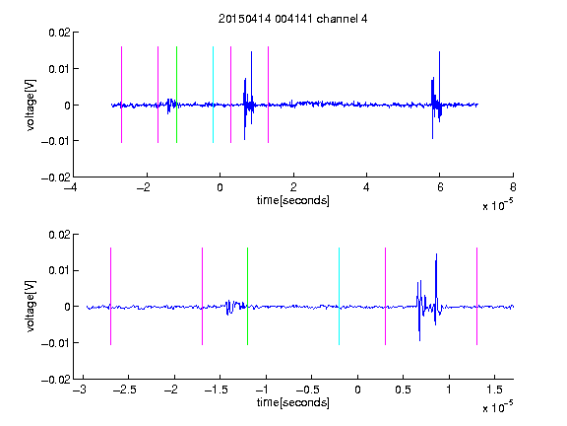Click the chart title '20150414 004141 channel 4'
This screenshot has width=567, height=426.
coord(292,19)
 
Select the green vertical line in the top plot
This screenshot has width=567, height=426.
coord(176,95)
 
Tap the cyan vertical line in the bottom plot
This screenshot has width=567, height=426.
coord(339,296)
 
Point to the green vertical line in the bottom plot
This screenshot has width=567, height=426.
coord(247,296)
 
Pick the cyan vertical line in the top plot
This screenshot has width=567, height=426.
coord(213,95)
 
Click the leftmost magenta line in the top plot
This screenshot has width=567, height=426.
coord(121,95)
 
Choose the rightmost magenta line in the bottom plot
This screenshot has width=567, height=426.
coord(476,296)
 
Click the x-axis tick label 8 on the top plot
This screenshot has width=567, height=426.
coord(513,187)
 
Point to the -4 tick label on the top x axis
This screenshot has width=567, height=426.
coord(71,187)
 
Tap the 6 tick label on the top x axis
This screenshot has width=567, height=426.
coord(440,187)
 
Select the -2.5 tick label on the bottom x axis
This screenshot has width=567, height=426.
coord(124,390)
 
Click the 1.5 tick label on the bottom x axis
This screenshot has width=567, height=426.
coord(494,390)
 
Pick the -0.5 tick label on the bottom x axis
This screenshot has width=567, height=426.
coord(308,390)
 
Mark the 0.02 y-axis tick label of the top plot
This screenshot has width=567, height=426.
coord(59,33)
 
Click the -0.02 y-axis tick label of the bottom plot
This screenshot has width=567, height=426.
coord(56,380)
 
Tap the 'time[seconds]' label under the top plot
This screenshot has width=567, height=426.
coord(293,200)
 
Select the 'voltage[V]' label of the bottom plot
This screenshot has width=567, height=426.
coord(31,307)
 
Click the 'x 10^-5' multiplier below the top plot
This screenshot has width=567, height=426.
coord(497,205)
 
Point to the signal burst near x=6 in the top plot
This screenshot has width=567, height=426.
coord(436,95)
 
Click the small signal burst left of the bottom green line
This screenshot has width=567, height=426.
coord(235,308)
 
